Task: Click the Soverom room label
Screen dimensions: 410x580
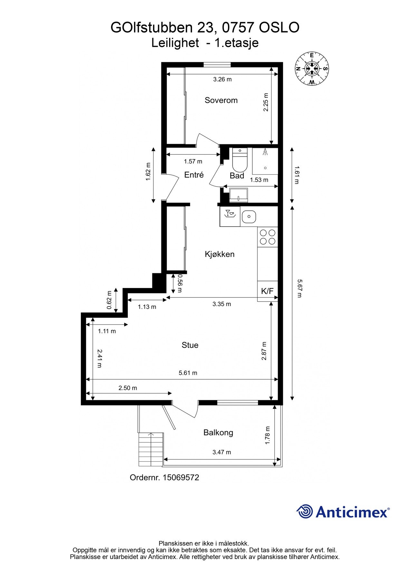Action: (221, 100)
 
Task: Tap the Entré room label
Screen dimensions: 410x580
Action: (194, 175)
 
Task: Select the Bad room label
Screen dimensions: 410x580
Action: (237, 176)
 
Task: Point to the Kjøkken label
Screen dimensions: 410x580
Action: (220, 254)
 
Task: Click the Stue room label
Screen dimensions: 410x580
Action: (190, 345)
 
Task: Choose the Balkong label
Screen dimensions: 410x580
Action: (218, 432)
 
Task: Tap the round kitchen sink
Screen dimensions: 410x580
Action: (248, 217)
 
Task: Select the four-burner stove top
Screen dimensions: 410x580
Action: (268, 237)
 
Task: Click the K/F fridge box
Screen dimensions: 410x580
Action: (267, 291)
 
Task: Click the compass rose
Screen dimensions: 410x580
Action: (312, 68)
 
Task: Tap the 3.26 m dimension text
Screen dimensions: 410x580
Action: (222, 79)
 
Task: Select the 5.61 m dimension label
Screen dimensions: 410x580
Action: (188, 373)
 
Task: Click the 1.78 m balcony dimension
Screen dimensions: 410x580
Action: (267, 435)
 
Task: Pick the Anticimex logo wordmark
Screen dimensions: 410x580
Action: (352, 512)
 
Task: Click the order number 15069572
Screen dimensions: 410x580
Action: (181, 477)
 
